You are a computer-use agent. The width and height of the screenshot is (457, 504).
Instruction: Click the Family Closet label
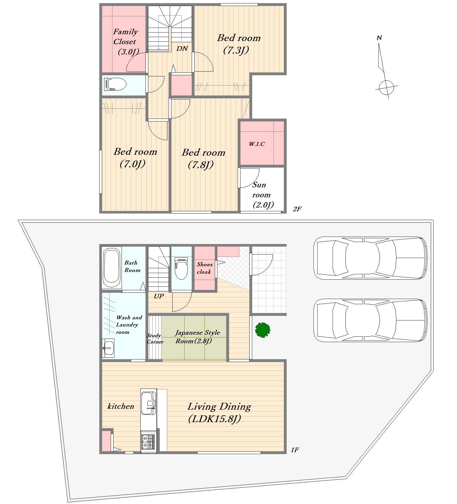tap(126, 42)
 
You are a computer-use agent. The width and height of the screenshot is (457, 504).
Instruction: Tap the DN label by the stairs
tap(182, 48)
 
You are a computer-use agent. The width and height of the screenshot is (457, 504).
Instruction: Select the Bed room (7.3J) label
tap(239, 44)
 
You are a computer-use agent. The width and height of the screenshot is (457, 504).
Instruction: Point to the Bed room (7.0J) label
tap(135, 158)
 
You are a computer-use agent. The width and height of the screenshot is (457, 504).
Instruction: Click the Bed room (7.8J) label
tap(203, 158)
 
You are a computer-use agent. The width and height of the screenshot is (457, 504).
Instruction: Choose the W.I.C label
tap(257, 144)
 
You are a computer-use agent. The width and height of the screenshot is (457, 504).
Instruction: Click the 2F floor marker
tap(297, 209)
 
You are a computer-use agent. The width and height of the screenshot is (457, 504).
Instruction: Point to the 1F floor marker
tap(295, 450)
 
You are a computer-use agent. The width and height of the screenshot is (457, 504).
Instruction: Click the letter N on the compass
tap(379, 38)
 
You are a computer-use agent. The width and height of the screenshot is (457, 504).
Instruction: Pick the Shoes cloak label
tap(204, 268)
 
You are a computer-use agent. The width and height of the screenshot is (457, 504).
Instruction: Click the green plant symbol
tap(263, 330)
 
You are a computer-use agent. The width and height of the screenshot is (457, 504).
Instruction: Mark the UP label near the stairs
tap(159, 296)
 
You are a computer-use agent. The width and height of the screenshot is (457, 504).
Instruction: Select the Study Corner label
tap(155, 339)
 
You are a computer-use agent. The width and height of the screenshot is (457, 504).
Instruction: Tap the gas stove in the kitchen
tap(148, 441)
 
